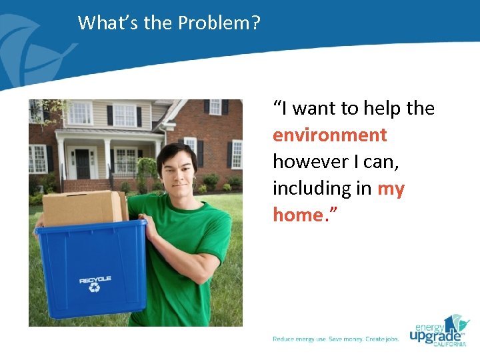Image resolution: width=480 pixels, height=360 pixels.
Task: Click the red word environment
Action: pyautogui.click(x=329, y=135)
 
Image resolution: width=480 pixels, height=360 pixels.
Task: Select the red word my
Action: pyautogui.click(x=391, y=189)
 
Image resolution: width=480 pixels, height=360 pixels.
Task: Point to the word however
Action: pyautogui.click(x=309, y=162)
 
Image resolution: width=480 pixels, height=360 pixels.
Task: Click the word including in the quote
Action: pyautogui.click(x=312, y=189)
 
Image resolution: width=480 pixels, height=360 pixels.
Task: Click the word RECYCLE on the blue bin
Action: pyautogui.click(x=95, y=280)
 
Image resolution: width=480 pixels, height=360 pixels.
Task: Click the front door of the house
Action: pyautogui.click(x=83, y=163)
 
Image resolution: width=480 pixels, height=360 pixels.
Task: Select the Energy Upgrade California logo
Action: pyautogui.click(x=439, y=330)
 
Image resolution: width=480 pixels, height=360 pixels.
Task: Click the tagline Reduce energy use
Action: pyautogui.click(x=299, y=339)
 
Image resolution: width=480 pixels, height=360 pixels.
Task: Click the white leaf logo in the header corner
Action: pyautogui.click(x=27, y=40)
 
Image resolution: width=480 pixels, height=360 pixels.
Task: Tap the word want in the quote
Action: pyautogui.click(x=317, y=109)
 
